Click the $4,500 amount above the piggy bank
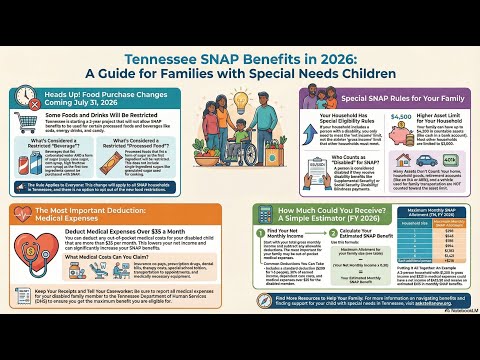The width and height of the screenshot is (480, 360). (402, 117)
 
